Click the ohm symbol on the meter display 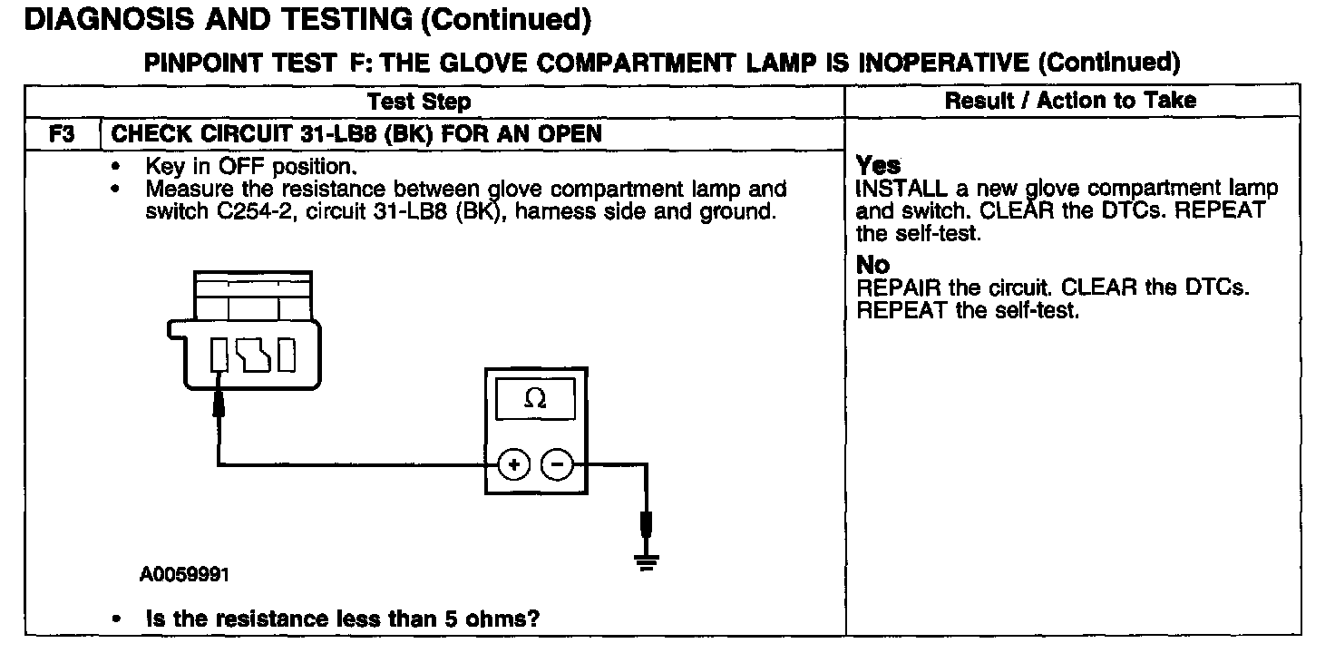536,400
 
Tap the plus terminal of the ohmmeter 513,465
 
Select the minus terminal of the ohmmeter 557,465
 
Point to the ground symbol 647,561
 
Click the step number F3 62,135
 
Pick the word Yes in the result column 879,166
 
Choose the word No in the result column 873,266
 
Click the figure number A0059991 185,574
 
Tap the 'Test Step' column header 419,101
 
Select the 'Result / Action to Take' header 1070,100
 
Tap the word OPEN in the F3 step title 570,135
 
